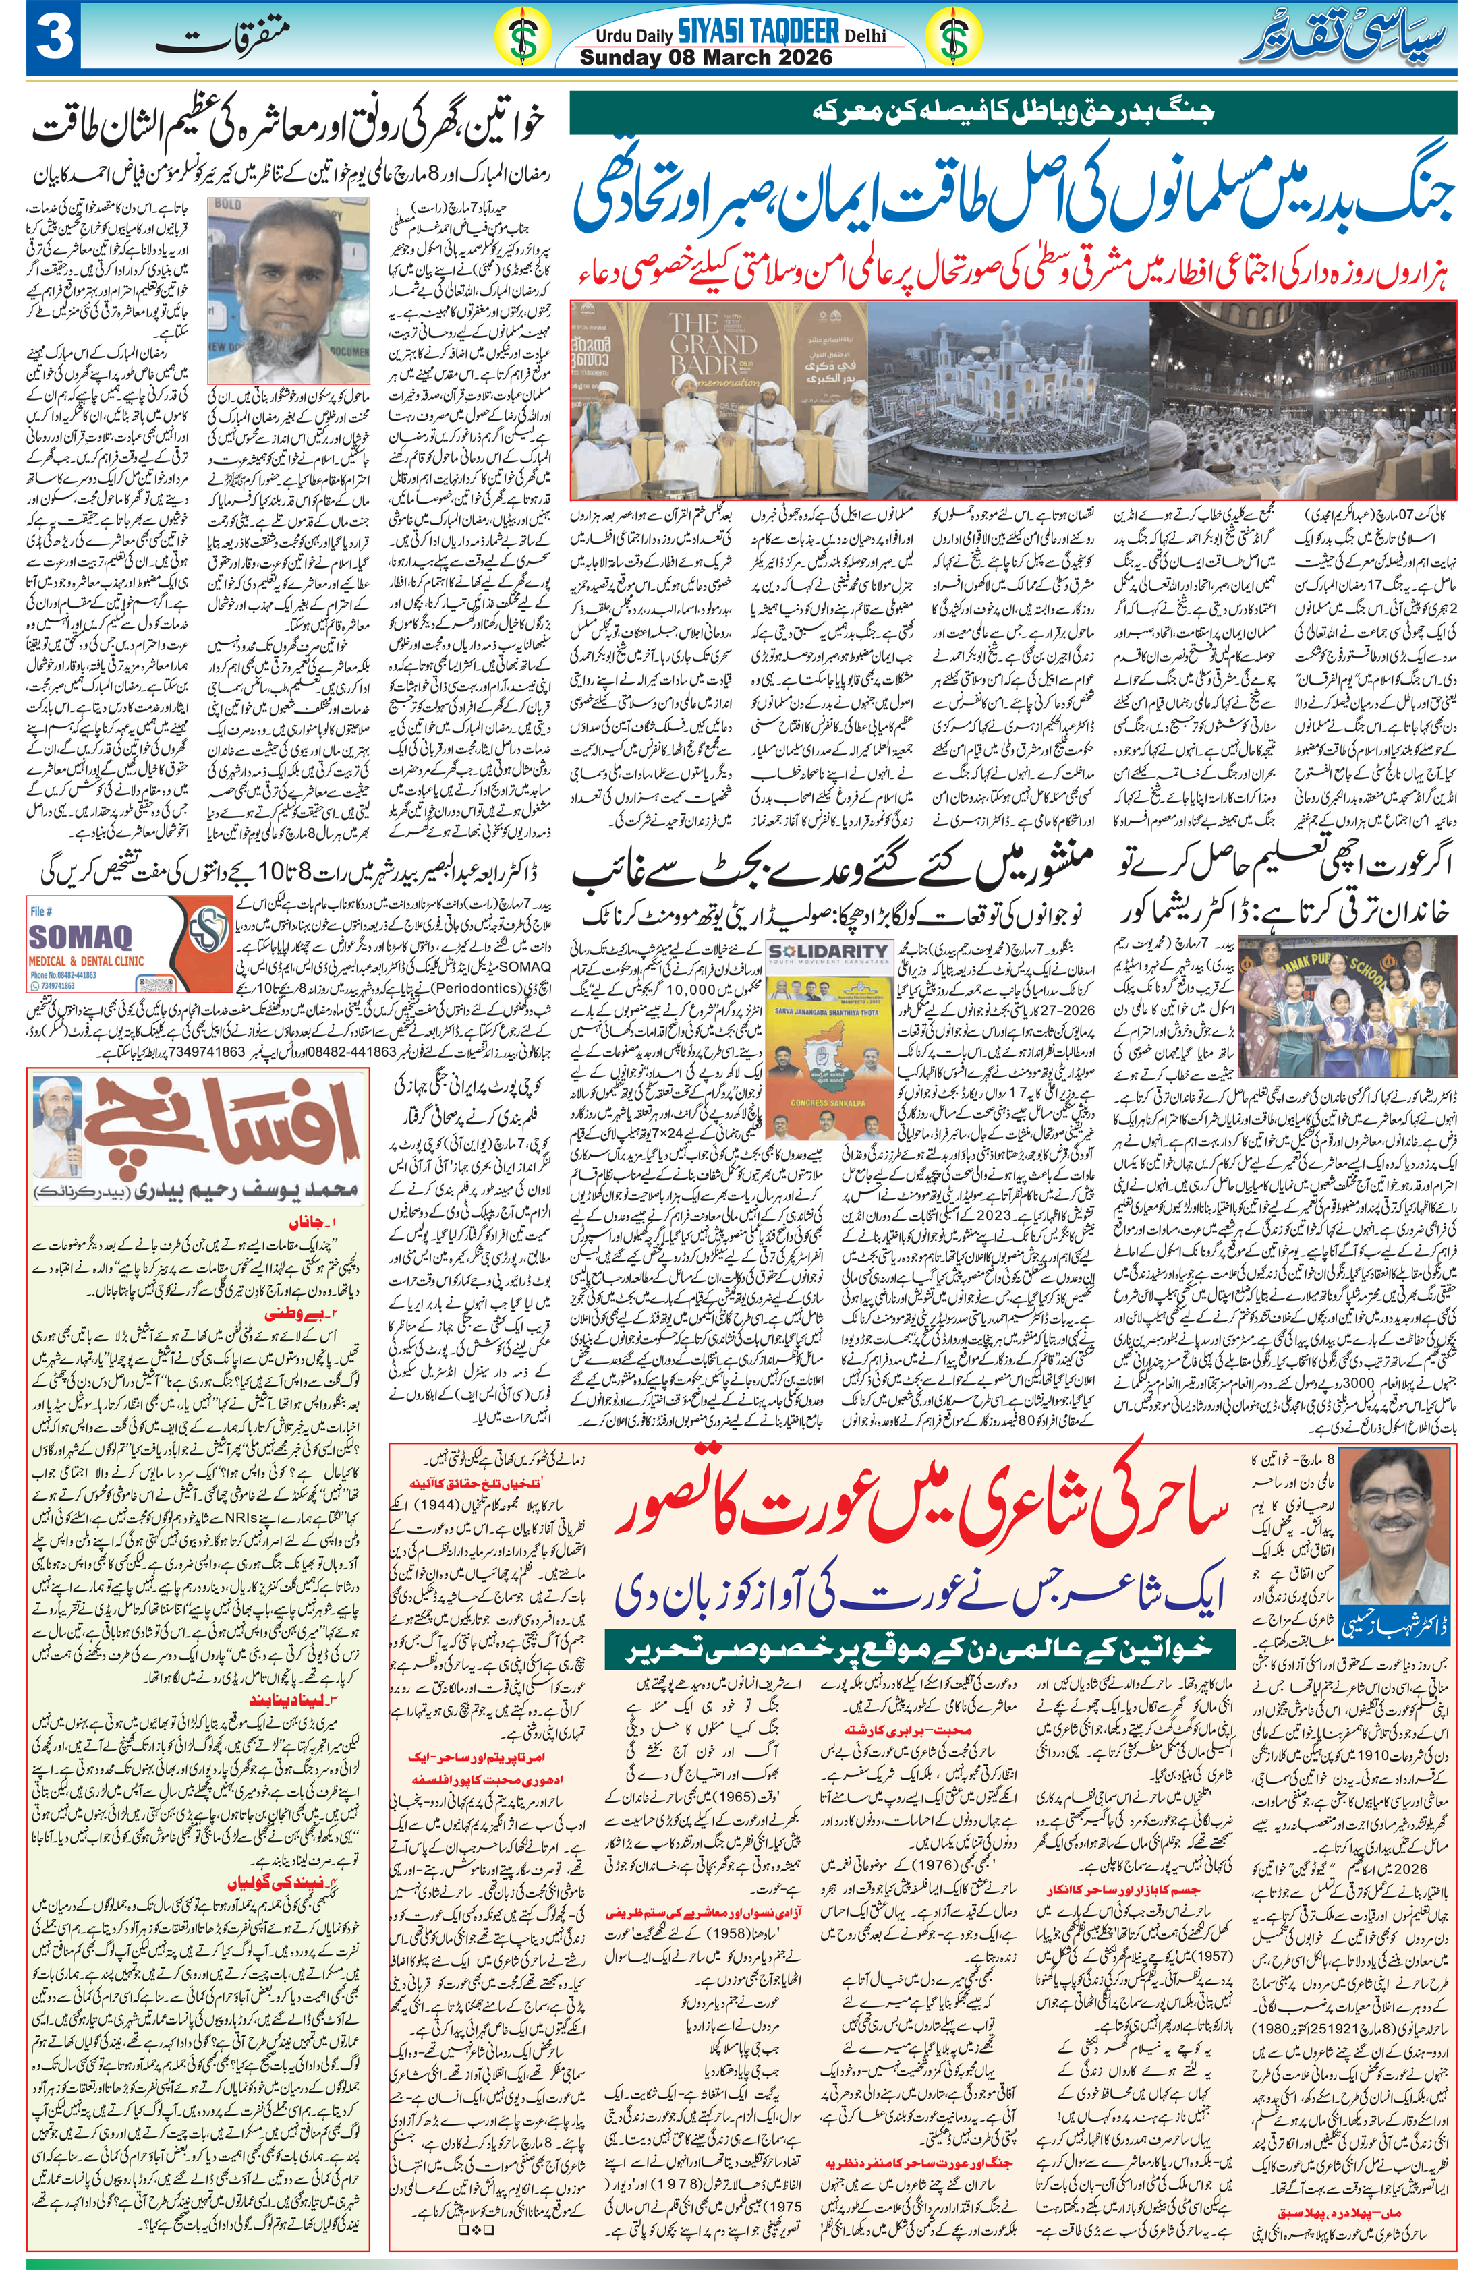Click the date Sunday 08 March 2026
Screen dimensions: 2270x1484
706,57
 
